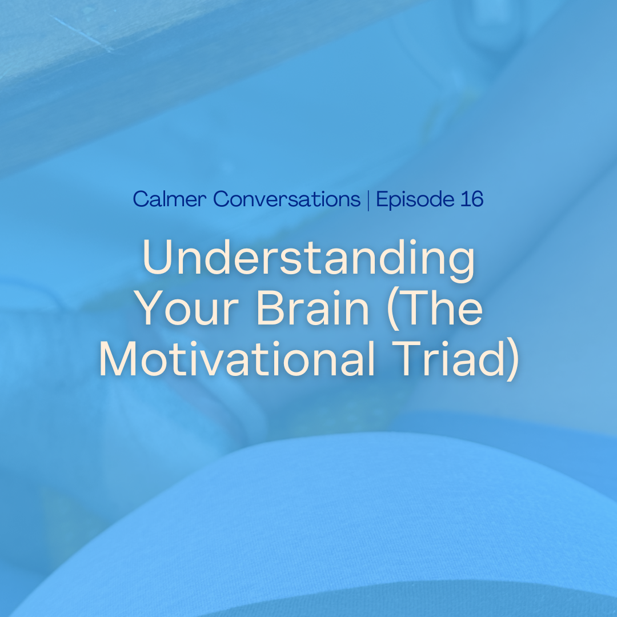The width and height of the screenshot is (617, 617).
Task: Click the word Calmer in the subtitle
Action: [170, 199]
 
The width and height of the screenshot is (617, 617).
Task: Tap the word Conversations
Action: [287, 199]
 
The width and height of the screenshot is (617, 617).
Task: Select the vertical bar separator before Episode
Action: [368, 200]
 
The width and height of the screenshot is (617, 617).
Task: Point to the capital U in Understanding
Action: [158, 257]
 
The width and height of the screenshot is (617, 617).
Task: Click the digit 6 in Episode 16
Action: [477, 199]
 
